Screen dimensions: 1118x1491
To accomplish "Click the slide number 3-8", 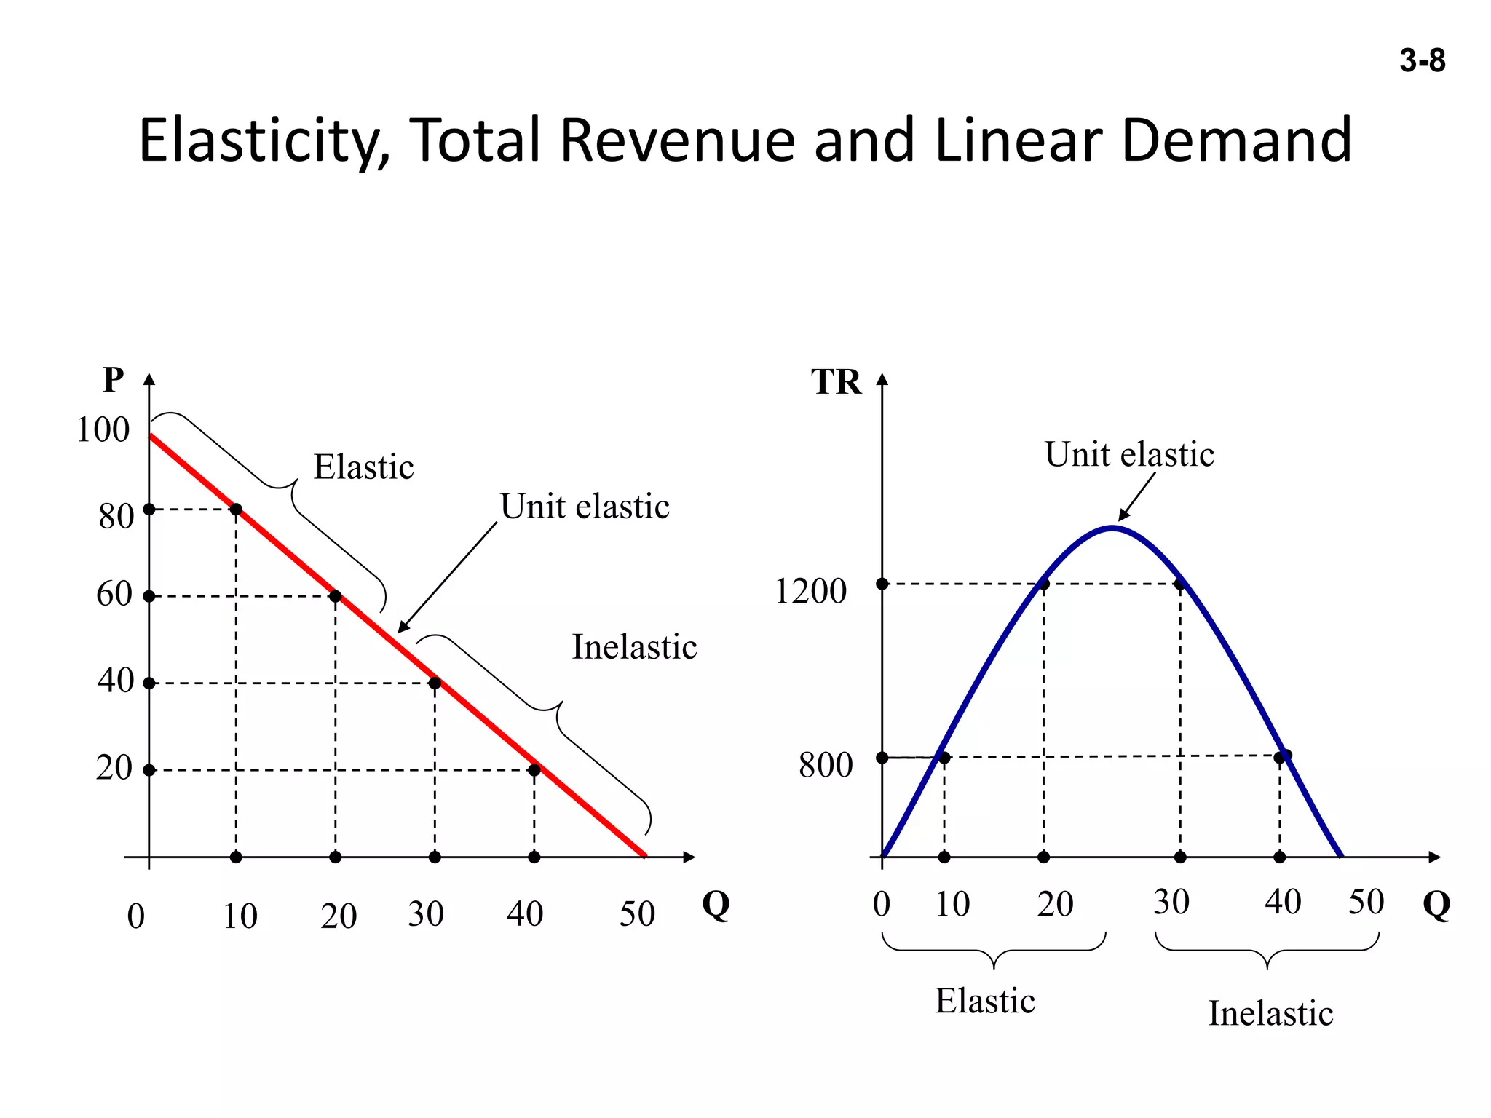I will coord(1422,60).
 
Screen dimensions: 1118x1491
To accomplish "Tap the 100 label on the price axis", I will coord(103,429).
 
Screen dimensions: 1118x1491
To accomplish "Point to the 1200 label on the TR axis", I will coord(810,590).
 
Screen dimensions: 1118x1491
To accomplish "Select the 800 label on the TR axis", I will coord(826,765).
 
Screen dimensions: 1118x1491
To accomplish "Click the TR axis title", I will coord(836,382).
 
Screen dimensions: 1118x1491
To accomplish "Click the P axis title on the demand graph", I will coord(114,379).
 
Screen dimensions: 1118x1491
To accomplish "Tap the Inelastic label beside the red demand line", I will coord(634,646).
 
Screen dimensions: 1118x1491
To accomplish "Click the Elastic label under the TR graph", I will coord(985,1001).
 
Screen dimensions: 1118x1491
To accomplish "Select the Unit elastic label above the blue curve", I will coord(1129,454).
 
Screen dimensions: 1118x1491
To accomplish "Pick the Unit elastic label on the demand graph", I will coord(585,507).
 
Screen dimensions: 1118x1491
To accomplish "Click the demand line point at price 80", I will coord(236,509).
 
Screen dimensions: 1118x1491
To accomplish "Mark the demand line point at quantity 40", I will coord(534,770).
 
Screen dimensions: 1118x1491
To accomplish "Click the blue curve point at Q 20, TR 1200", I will coord(1043,584).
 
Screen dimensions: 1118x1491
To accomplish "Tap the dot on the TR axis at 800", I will coord(882,758).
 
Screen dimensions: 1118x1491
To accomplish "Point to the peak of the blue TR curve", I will coord(1112,527).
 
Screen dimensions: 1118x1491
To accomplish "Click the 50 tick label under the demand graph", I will coord(637,914).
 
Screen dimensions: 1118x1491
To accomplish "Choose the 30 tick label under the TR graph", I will coord(1171,902).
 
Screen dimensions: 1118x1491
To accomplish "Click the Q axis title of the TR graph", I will coord(1436,905).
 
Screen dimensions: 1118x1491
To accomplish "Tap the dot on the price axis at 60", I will coord(149,596).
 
